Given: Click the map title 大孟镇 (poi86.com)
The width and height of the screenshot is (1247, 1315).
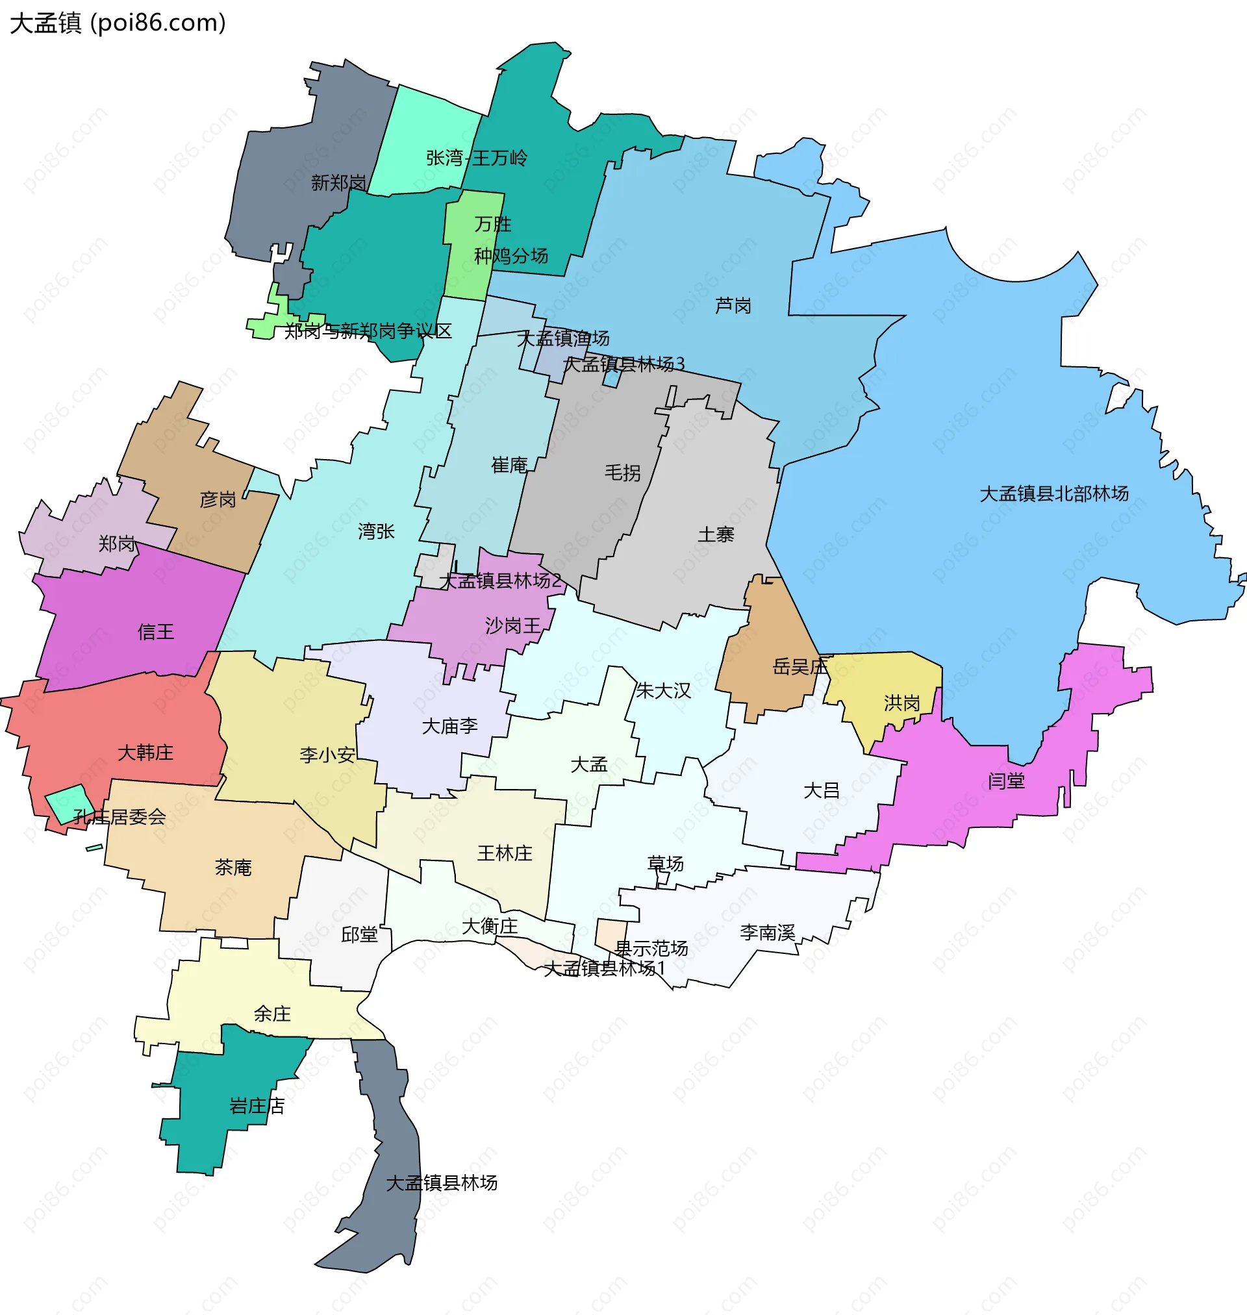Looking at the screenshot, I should [x=118, y=23].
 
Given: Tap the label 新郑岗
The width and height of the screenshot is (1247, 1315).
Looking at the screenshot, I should [x=338, y=182].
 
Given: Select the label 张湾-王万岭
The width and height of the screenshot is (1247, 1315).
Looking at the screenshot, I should [x=477, y=158].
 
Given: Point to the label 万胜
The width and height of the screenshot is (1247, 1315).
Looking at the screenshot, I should [x=492, y=225].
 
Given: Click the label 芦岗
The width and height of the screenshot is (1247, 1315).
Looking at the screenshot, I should [x=733, y=306].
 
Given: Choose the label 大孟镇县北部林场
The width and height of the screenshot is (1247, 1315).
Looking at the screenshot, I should [x=1053, y=494].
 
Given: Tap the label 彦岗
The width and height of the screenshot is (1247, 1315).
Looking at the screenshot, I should [x=218, y=499].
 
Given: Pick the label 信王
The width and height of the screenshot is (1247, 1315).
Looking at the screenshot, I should [x=155, y=632].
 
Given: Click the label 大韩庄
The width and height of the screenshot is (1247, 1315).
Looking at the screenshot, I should [x=145, y=753].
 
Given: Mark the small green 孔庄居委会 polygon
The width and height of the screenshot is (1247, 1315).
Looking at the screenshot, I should [x=69, y=803].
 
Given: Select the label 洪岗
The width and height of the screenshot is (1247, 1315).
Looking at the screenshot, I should [x=901, y=703].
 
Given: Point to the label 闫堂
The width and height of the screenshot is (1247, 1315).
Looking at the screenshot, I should [x=1005, y=781].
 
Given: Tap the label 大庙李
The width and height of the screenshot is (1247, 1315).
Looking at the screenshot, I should [x=450, y=726].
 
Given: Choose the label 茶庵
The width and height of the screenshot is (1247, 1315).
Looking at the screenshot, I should [x=233, y=868].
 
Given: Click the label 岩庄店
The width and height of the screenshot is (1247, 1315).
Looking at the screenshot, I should [x=257, y=1106].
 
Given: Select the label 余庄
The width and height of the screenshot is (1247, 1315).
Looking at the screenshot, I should [x=272, y=1014].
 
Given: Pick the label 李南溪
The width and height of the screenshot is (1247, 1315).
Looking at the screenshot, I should [x=767, y=933].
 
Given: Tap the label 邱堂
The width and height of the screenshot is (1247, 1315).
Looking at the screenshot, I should [x=359, y=935].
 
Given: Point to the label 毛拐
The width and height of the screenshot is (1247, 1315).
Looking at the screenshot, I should [x=622, y=473].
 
